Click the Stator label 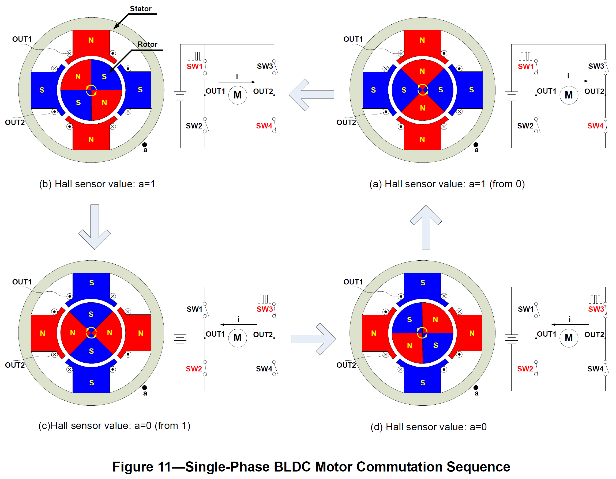coord(140,9)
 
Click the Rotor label coord(147,44)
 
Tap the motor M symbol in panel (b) coord(238,95)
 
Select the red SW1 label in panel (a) coord(525,66)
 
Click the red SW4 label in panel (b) coord(264,126)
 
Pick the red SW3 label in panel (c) coord(265,309)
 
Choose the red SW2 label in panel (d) coord(525,368)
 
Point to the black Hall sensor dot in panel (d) coord(476,387)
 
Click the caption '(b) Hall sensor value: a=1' coord(97,184)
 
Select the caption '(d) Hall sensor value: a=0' coord(429,427)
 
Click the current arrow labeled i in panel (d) coord(570,324)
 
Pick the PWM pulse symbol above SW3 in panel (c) coord(265,299)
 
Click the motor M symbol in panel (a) coord(569,95)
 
